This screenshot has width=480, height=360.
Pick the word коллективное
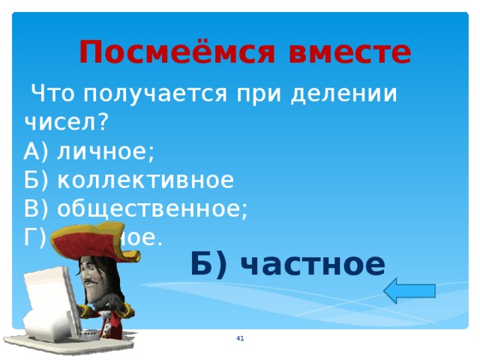[x=146, y=180]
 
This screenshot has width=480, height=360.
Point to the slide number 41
[x=240, y=340]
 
